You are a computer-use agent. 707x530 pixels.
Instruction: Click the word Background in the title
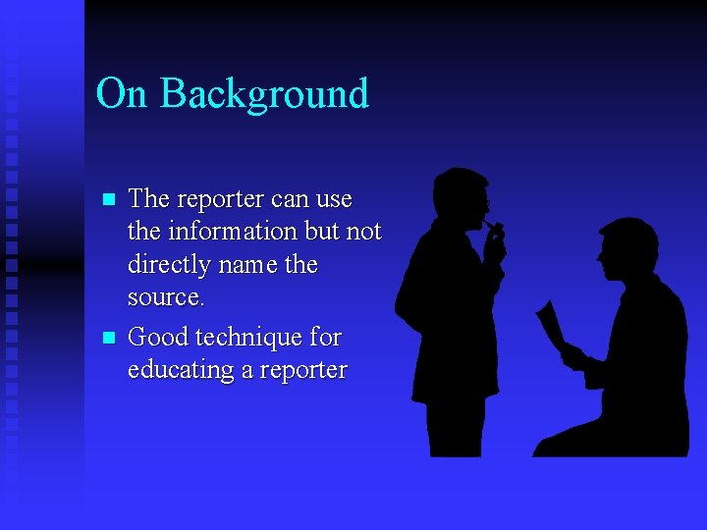pyautogui.click(x=264, y=93)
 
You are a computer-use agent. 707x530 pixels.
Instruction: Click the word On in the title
pyautogui.click(x=122, y=93)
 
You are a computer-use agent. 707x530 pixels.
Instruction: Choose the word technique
pyautogui.click(x=249, y=338)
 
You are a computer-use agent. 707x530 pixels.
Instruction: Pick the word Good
pyautogui.click(x=159, y=338)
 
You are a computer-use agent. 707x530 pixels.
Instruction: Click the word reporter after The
pyautogui.click(x=221, y=199)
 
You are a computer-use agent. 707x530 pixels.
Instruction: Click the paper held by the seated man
pyautogui.click(x=550, y=324)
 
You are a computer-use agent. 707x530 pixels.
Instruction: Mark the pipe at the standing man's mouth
pyautogui.click(x=495, y=230)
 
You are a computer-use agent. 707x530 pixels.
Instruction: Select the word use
pyautogui.click(x=334, y=199)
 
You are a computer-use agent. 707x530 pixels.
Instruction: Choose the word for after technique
pyautogui.click(x=325, y=338)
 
